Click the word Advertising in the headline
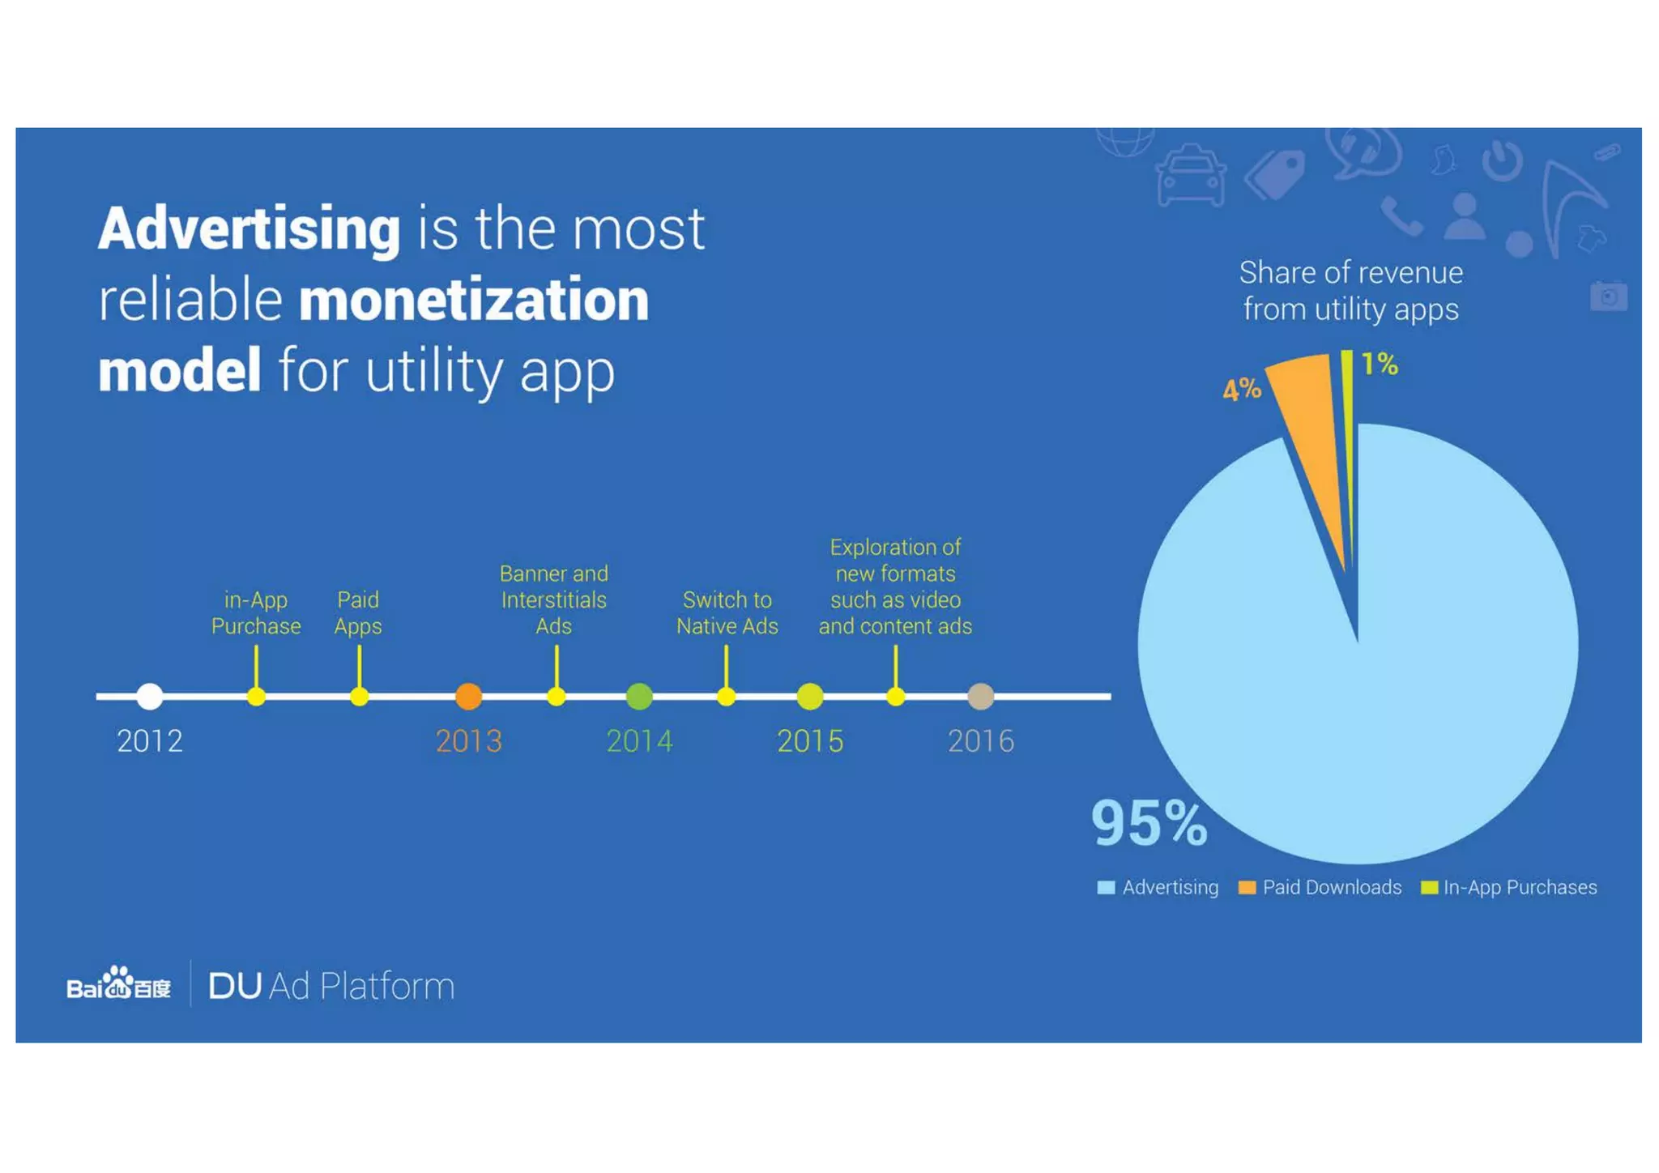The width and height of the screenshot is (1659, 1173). tap(249, 229)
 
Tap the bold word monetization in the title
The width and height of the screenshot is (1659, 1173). tap(474, 300)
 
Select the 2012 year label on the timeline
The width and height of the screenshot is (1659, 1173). tap(150, 741)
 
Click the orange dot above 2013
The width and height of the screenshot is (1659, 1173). tap(468, 696)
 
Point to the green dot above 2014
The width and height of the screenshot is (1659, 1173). tap(639, 696)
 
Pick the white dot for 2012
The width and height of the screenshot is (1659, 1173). tap(150, 696)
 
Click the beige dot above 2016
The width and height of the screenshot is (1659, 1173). tap(980, 696)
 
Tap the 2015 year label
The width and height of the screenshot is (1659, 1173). tap(809, 741)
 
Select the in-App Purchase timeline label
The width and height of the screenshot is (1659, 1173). tap(256, 613)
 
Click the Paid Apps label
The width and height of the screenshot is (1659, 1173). tap(358, 613)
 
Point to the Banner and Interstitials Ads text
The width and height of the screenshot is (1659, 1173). tap(554, 600)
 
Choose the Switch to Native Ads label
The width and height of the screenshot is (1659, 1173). tap(727, 613)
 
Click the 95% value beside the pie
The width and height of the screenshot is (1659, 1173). tap(1149, 824)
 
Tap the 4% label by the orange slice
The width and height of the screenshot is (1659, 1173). tap(1241, 390)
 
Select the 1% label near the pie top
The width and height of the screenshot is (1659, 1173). tap(1379, 365)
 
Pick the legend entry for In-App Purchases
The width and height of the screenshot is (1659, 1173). tap(1509, 888)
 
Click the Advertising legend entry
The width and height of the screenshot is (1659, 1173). tap(1158, 888)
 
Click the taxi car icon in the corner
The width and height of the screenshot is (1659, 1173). tap(1190, 176)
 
